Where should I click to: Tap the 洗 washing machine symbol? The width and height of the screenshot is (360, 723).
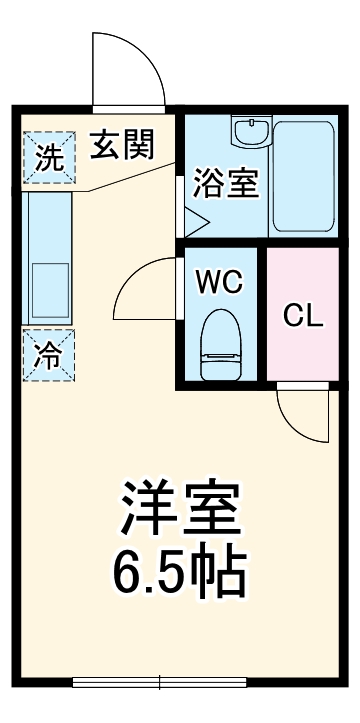pyautogui.click(x=47, y=157)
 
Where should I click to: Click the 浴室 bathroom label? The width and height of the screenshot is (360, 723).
pyautogui.click(x=225, y=184)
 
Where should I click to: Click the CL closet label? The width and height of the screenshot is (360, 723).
pyautogui.click(x=303, y=318)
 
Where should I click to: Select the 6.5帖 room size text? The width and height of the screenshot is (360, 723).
pyautogui.click(x=180, y=571)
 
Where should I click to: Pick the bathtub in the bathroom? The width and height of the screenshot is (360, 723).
pyautogui.click(x=306, y=176)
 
